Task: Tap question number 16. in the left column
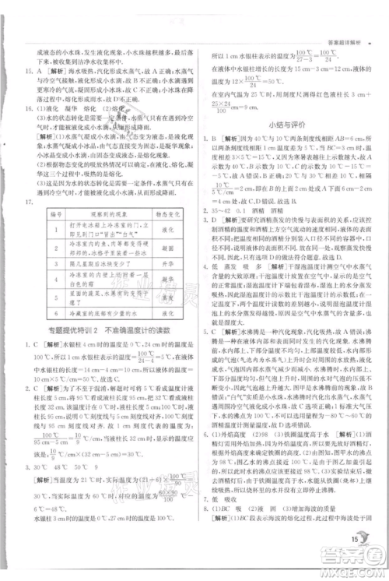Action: (x=30, y=109)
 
